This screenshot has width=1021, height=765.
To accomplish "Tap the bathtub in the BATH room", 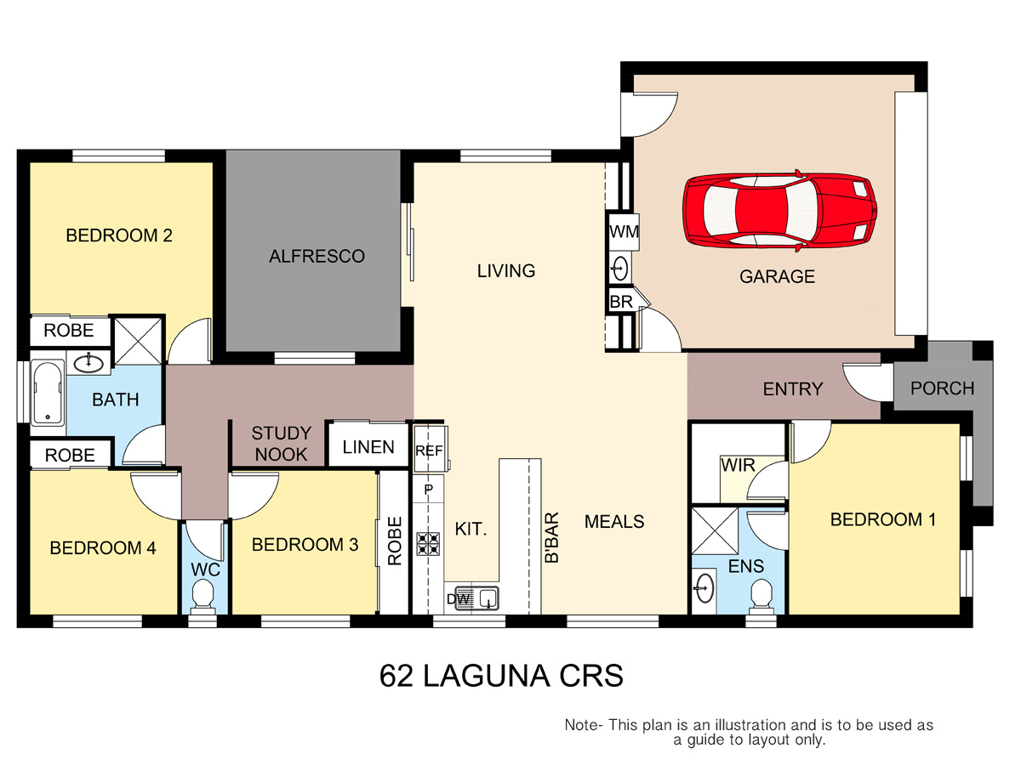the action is point(48,392).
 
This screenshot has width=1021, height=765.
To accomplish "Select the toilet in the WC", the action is point(202,596).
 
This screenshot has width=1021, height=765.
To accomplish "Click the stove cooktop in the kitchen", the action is point(428,543).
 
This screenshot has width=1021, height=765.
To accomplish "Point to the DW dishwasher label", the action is point(459,598).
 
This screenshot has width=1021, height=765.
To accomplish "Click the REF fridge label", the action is point(429,450).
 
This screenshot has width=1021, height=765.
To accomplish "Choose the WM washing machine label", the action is point(624,231).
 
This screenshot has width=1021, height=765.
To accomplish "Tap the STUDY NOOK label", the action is point(281,444).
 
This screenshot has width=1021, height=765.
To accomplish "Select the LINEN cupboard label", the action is point(368,447).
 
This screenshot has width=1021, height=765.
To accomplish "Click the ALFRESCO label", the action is point(317,257).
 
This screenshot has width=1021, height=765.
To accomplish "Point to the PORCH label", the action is point(943,388).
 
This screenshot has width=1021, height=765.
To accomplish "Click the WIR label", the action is point(738,465).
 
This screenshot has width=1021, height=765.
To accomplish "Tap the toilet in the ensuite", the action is point(761,597).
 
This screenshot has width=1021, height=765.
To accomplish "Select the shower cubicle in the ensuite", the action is point(715,531).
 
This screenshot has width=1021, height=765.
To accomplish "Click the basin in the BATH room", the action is point(88,363).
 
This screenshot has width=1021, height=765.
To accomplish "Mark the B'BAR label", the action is point(551,537).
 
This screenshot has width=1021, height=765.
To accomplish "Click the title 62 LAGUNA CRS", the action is point(501,676).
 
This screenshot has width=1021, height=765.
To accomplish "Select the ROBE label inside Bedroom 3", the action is point(395,541).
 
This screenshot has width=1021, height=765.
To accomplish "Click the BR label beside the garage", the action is point(621,302).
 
